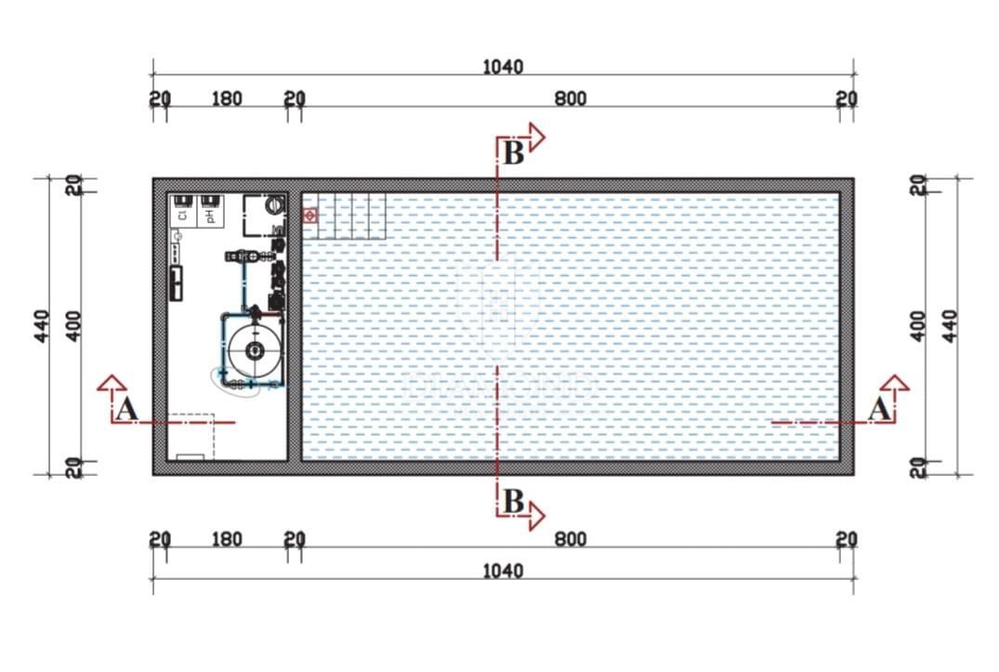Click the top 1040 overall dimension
click(x=503, y=67)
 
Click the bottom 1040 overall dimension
click(x=503, y=570)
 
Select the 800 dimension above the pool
click(x=571, y=99)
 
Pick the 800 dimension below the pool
click(x=571, y=539)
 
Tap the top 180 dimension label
click(x=227, y=99)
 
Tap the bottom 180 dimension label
click(x=227, y=539)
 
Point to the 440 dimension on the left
click(x=42, y=325)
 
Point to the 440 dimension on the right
click(x=949, y=325)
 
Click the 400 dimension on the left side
click(x=74, y=325)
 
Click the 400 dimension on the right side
click(x=918, y=325)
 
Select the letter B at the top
click(x=512, y=153)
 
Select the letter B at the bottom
click(x=512, y=501)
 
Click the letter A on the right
click(x=878, y=408)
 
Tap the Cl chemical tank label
click(x=182, y=215)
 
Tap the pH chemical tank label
click(x=210, y=215)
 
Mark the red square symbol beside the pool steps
click(x=310, y=216)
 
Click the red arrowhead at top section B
click(x=536, y=138)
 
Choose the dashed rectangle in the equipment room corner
click(x=191, y=436)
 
